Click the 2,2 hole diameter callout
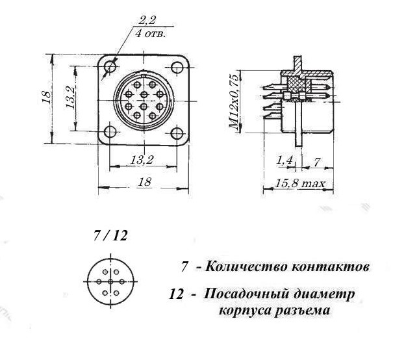coord(147,21)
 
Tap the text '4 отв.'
coord(151,34)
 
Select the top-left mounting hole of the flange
coord(110,66)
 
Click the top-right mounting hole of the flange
coord(177,68)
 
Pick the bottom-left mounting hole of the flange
coord(110,132)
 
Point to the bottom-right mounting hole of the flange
coord(177,134)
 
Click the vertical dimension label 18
coord(46,97)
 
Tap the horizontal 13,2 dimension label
coord(142,160)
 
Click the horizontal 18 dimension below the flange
coord(145,182)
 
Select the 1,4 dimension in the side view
coord(284,160)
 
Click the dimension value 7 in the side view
coord(317,162)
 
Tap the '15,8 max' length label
coord(300,184)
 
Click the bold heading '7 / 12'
coord(110,236)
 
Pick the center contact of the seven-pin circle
coord(110,281)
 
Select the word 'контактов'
coord(331,267)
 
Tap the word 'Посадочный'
coord(246,294)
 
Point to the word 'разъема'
coord(302,311)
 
